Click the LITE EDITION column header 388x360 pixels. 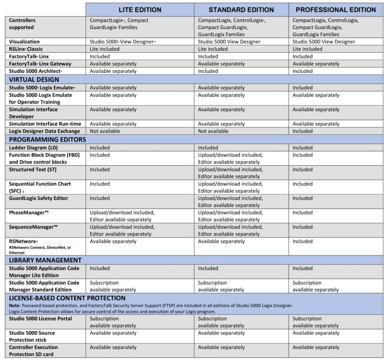[140, 9]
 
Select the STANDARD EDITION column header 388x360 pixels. [241, 9]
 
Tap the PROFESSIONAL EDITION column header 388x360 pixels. [336, 9]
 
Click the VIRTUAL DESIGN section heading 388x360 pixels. [34, 80]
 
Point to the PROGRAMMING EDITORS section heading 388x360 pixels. [47, 140]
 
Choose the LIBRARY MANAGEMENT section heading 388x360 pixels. [45, 260]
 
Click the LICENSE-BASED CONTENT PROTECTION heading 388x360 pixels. [67, 298]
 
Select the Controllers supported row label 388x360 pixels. [22, 24]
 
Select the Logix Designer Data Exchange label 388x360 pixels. [44, 131]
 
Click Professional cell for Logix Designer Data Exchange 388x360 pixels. [303, 131]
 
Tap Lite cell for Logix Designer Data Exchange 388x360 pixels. [105, 131]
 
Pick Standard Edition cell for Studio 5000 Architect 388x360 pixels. [208, 71]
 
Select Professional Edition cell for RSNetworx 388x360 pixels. [303, 242]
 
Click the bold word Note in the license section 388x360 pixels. [15, 305]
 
